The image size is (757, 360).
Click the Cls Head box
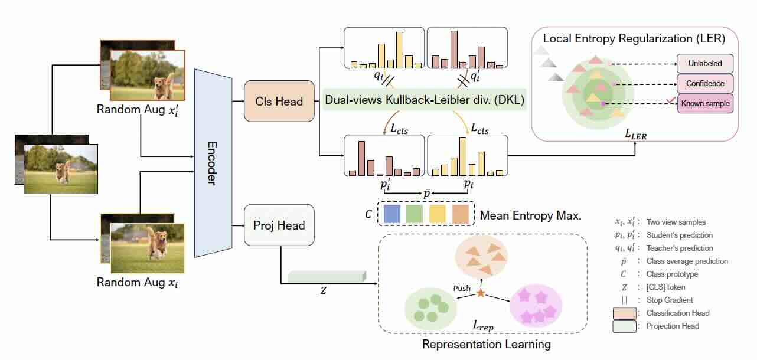coord(279,101)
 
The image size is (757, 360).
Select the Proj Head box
coord(279,225)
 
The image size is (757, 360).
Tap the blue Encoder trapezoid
coord(213,163)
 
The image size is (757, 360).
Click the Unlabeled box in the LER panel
coord(705,64)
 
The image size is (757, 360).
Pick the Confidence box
coord(705,83)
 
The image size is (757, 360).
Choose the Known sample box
coord(705,103)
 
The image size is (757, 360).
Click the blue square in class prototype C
coord(392,214)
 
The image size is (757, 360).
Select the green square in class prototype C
coord(415,214)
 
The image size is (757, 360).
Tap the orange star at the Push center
coord(481,293)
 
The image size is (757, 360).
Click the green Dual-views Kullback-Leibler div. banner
coord(425,100)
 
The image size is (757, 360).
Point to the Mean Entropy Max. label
coord(531,215)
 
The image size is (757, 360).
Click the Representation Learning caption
coord(487,344)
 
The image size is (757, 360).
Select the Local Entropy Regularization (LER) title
coord(634,38)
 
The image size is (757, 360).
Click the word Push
coord(462,288)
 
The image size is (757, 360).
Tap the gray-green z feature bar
coord(327,276)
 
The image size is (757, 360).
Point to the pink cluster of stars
coord(536,306)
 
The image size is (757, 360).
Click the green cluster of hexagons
coord(431,307)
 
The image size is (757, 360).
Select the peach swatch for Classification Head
coord(625,313)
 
